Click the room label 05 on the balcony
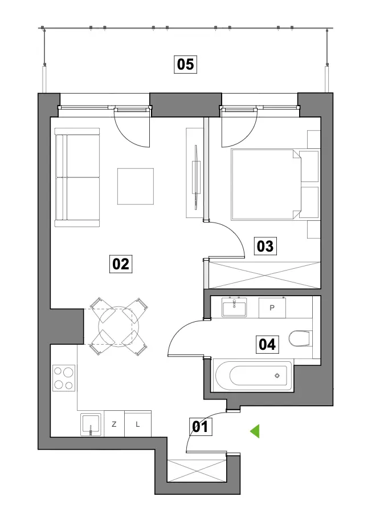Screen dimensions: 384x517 pyautogui.click(x=185, y=64)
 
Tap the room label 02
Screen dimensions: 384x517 pyautogui.click(x=121, y=264)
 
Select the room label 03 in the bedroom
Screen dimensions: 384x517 pyautogui.click(x=265, y=246)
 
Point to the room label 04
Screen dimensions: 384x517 pyautogui.click(x=267, y=344)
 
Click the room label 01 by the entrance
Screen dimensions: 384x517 pyautogui.click(x=200, y=427)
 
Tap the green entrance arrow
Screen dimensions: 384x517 pyautogui.click(x=255, y=431)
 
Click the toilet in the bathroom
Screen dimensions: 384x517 pyautogui.click(x=300, y=338)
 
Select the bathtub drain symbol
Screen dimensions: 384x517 pyautogui.click(x=277, y=375)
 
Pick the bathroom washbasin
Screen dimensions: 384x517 pyautogui.click(x=234, y=307)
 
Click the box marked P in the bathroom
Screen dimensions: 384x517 pyautogui.click(x=272, y=308)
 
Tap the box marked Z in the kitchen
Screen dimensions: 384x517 pyautogui.click(x=115, y=424)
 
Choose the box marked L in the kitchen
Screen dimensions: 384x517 pyautogui.click(x=138, y=424)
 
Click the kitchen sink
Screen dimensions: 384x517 pyautogui.click(x=91, y=425)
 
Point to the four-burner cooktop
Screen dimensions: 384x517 pyautogui.click(x=64, y=378)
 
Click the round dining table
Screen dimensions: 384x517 pyautogui.click(x=119, y=326)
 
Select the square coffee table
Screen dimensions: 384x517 pyautogui.click(x=136, y=186)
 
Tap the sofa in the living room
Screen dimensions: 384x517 pyautogui.click(x=77, y=177)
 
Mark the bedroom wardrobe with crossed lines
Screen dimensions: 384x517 pyautogui.click(x=265, y=275)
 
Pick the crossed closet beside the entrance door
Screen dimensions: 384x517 pyautogui.click(x=197, y=471)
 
